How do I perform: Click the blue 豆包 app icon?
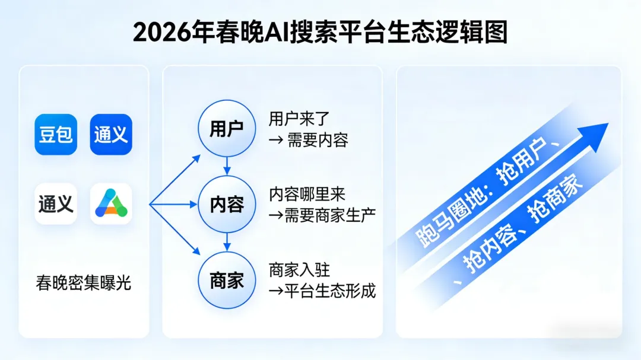56,135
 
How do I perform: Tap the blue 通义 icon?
111,135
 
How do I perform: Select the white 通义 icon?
56,203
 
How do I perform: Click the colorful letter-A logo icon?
111,203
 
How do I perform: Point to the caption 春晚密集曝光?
84,283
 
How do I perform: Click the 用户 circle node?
226,129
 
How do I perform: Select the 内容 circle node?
226,204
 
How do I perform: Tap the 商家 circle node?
226,280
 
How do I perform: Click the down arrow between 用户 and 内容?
226,167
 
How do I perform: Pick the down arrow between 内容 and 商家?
226,242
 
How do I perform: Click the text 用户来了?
296,119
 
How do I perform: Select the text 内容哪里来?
307,194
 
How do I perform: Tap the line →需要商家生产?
322,215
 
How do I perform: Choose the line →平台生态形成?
322,291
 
